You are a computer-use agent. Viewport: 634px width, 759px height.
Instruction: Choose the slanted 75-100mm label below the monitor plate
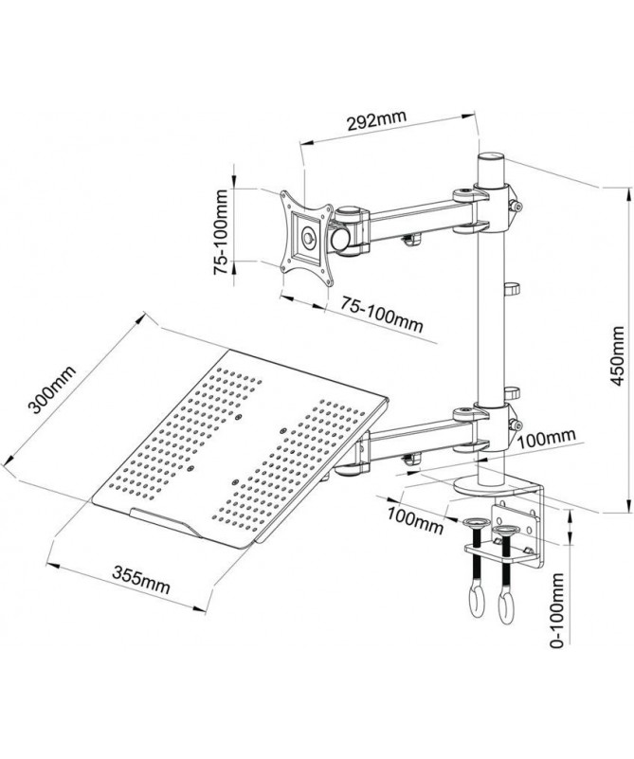pyautogui.click(x=382, y=315)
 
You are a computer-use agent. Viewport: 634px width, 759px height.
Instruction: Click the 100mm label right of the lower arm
pyautogui.click(x=549, y=438)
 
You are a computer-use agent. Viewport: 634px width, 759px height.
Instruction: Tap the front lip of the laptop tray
pyautogui.click(x=170, y=520)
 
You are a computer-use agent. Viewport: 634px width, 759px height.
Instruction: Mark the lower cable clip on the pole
pyautogui.click(x=512, y=391)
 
